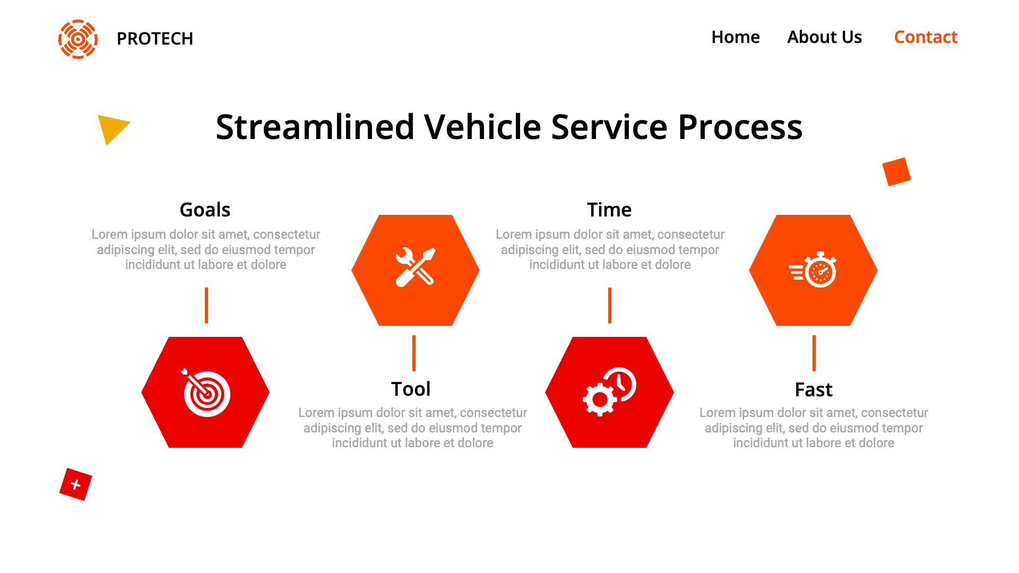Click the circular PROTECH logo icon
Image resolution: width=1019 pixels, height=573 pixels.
(78, 39)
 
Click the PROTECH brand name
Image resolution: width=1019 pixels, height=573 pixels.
(154, 39)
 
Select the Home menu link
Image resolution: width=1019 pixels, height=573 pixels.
(735, 37)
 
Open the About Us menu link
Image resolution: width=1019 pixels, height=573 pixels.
(824, 37)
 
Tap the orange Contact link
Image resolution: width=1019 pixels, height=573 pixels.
(926, 37)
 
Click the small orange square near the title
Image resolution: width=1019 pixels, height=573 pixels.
(896, 171)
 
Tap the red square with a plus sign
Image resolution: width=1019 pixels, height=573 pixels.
(76, 484)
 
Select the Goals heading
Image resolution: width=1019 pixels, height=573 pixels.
(205, 210)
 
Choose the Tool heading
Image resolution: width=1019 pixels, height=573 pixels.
(411, 389)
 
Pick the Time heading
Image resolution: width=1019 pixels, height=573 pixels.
(609, 210)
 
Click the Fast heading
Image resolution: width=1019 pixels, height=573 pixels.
(814, 389)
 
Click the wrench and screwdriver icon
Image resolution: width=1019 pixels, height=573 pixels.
(416, 267)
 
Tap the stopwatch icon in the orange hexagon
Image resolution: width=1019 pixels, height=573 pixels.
(813, 270)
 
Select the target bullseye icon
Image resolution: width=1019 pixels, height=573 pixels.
(206, 393)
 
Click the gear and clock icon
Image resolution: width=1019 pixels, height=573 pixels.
(609, 392)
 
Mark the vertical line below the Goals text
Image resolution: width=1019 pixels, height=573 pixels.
(206, 305)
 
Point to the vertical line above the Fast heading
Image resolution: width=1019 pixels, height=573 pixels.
(814, 353)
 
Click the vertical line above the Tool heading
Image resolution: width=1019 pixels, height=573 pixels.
(414, 353)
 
